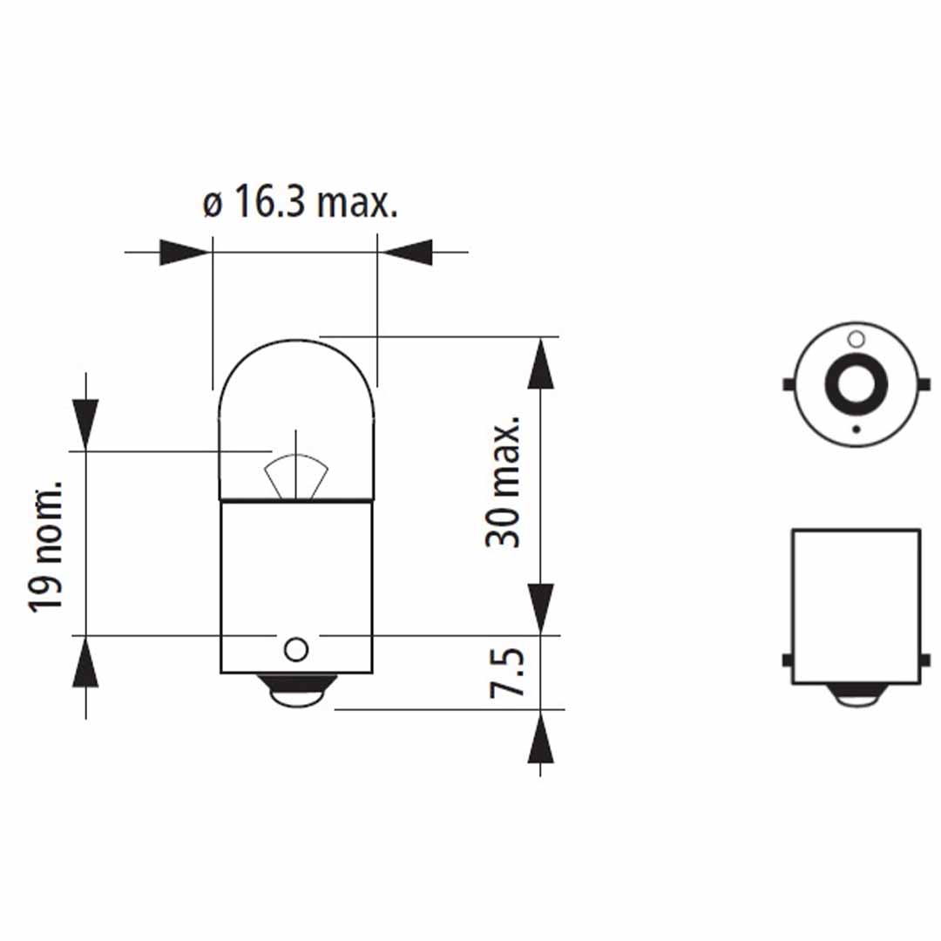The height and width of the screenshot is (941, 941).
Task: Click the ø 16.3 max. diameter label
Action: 300,205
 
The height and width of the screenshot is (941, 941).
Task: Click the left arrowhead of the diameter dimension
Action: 186,253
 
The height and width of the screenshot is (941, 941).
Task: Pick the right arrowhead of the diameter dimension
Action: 408,253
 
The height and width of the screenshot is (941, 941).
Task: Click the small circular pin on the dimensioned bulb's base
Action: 295,648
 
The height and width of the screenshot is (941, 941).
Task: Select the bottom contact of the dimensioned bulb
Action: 296,693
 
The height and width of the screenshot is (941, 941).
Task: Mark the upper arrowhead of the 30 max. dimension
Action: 541,364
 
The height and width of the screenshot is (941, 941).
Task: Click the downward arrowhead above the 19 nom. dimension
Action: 85,424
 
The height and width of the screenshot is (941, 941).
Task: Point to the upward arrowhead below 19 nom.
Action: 85,662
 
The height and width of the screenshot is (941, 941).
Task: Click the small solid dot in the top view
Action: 856,429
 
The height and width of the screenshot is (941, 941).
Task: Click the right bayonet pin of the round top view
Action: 925,384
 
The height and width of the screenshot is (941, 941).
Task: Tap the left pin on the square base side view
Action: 787,661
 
